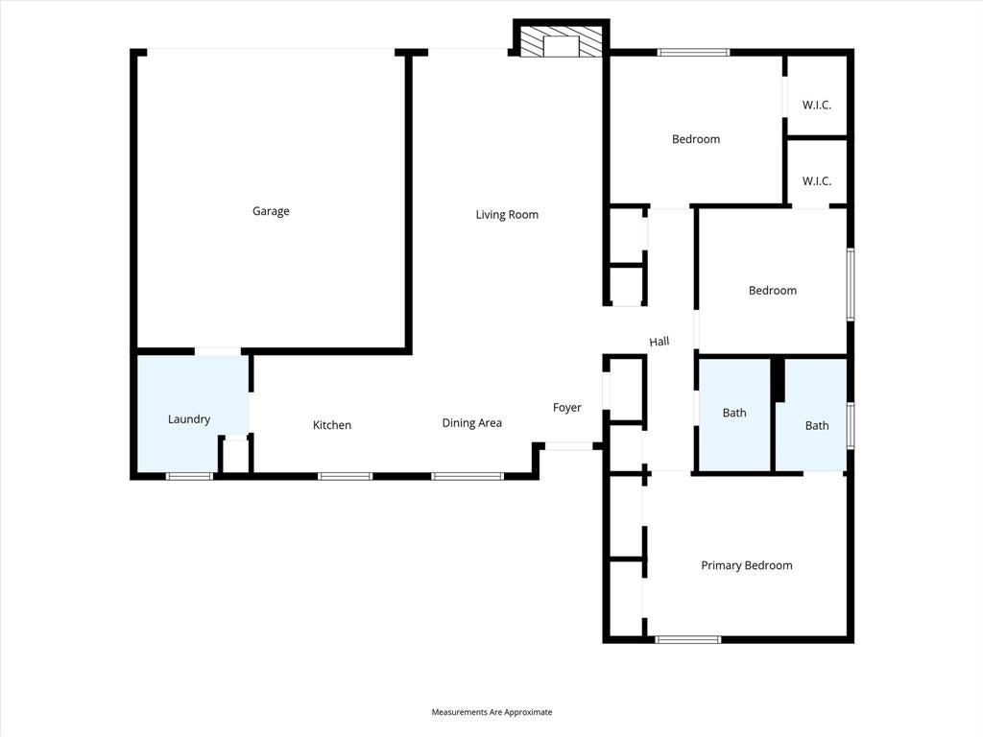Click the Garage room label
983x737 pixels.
[271, 211]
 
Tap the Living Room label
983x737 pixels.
[507, 214]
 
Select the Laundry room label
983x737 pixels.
[189, 419]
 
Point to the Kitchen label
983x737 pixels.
[331, 425]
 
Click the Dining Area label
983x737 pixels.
[471, 423]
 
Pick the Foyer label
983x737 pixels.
[566, 407]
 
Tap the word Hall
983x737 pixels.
[659, 342]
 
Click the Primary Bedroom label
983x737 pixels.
[746, 565]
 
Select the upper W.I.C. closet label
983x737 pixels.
[816, 106]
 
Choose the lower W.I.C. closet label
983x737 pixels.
[816, 181]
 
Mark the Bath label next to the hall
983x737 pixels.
[734, 413]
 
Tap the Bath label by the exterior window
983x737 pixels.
[816, 425]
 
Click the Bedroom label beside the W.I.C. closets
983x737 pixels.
[695, 139]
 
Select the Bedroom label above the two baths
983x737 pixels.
[773, 290]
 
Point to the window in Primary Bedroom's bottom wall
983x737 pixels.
[687, 640]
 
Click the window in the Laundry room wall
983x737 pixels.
[189, 476]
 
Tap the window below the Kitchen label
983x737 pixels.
[345, 476]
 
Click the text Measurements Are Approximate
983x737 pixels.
[491, 712]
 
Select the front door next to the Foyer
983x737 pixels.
[568, 446]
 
